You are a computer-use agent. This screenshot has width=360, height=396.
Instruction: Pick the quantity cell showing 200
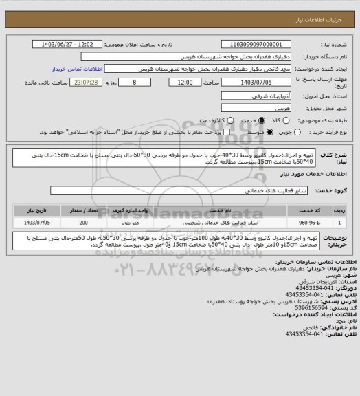click(x=83, y=223)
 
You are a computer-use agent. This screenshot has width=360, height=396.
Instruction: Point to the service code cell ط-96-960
click(x=306, y=223)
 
